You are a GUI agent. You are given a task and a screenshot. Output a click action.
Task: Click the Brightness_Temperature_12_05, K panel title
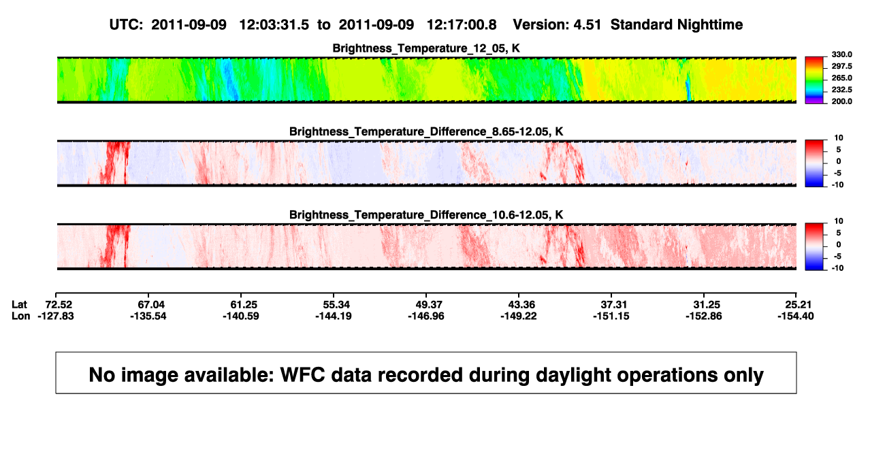(426, 48)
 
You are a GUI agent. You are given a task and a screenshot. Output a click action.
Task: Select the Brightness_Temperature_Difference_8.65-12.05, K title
(426, 131)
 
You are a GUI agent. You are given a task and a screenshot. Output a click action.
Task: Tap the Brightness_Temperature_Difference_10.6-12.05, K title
(426, 215)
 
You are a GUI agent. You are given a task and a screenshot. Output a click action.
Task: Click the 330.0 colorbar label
(841, 54)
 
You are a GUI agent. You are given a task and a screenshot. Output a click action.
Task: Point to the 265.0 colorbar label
(841, 78)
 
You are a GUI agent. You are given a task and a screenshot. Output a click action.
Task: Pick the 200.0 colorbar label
(841, 101)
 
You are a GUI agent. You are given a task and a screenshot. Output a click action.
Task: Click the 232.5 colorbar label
(841, 90)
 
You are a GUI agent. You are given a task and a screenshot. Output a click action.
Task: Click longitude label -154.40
(796, 316)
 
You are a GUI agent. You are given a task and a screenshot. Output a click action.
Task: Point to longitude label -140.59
(241, 316)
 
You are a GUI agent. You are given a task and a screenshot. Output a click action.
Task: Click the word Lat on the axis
(19, 305)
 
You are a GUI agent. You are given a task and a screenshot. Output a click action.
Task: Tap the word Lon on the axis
(21, 316)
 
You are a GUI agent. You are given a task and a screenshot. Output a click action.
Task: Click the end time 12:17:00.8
(462, 25)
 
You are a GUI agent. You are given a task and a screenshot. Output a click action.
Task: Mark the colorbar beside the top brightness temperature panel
(814, 80)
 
